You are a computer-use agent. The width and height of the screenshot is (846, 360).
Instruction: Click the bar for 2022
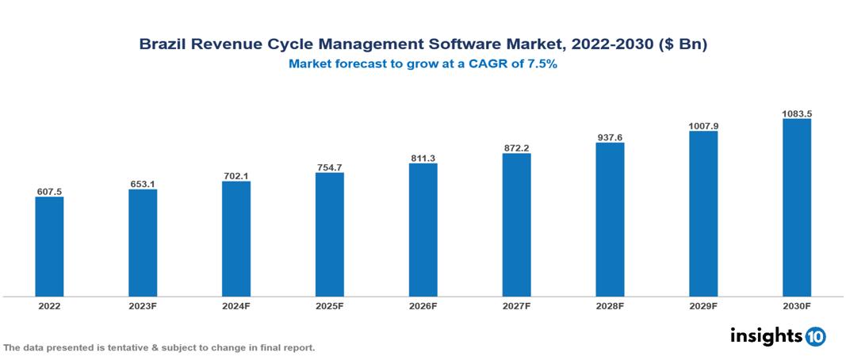(49, 247)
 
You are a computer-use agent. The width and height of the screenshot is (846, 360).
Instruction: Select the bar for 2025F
(329, 235)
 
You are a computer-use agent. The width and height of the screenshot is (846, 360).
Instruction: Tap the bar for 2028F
(610, 220)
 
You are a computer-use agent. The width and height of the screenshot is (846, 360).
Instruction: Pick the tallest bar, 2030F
(797, 208)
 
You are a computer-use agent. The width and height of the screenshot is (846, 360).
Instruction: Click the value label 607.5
(49, 191)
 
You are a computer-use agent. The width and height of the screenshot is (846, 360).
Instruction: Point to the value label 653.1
(143, 184)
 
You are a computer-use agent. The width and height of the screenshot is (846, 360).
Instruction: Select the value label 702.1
(236, 176)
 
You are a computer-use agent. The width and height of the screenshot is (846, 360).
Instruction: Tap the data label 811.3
(423, 159)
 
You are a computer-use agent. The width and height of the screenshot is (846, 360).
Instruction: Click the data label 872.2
(516, 148)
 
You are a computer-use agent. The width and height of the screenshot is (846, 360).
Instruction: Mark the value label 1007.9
(703, 125)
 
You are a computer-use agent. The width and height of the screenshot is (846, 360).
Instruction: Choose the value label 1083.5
(797, 113)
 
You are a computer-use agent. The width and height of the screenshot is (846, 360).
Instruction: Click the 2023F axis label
(143, 305)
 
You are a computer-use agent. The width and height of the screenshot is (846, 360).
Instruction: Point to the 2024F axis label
(236, 305)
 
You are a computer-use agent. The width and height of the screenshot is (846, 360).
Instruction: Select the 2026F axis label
(423, 305)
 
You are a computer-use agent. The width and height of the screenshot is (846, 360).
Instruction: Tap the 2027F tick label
(516, 305)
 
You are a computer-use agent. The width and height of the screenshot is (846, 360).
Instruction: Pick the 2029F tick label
(703, 305)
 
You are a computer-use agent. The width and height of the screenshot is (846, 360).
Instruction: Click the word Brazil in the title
(162, 45)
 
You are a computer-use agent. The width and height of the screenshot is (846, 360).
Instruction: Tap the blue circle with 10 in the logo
(816, 336)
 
